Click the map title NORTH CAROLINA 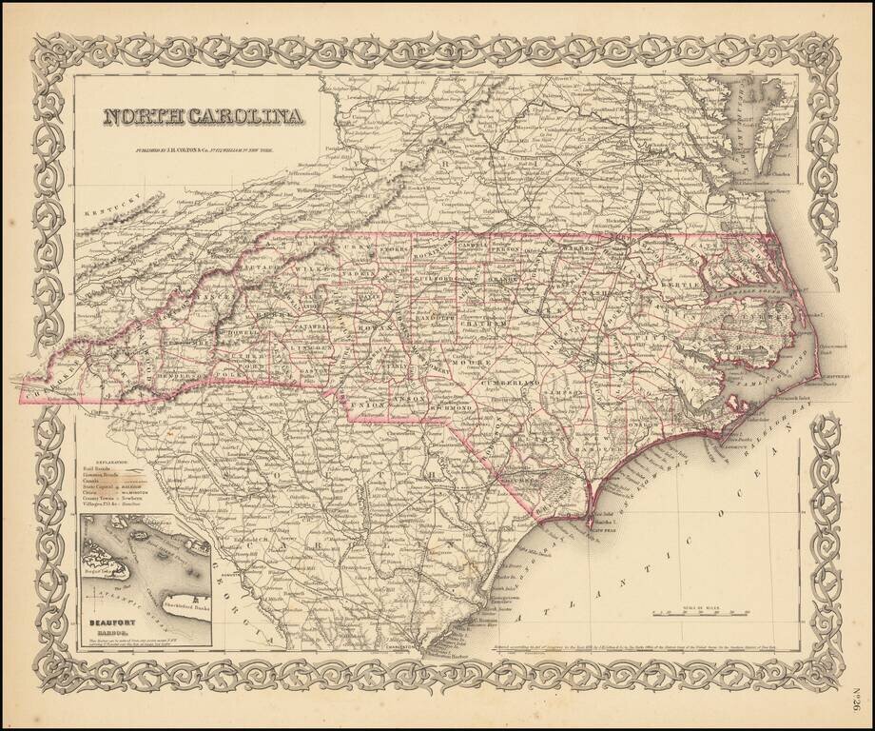(204, 116)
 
